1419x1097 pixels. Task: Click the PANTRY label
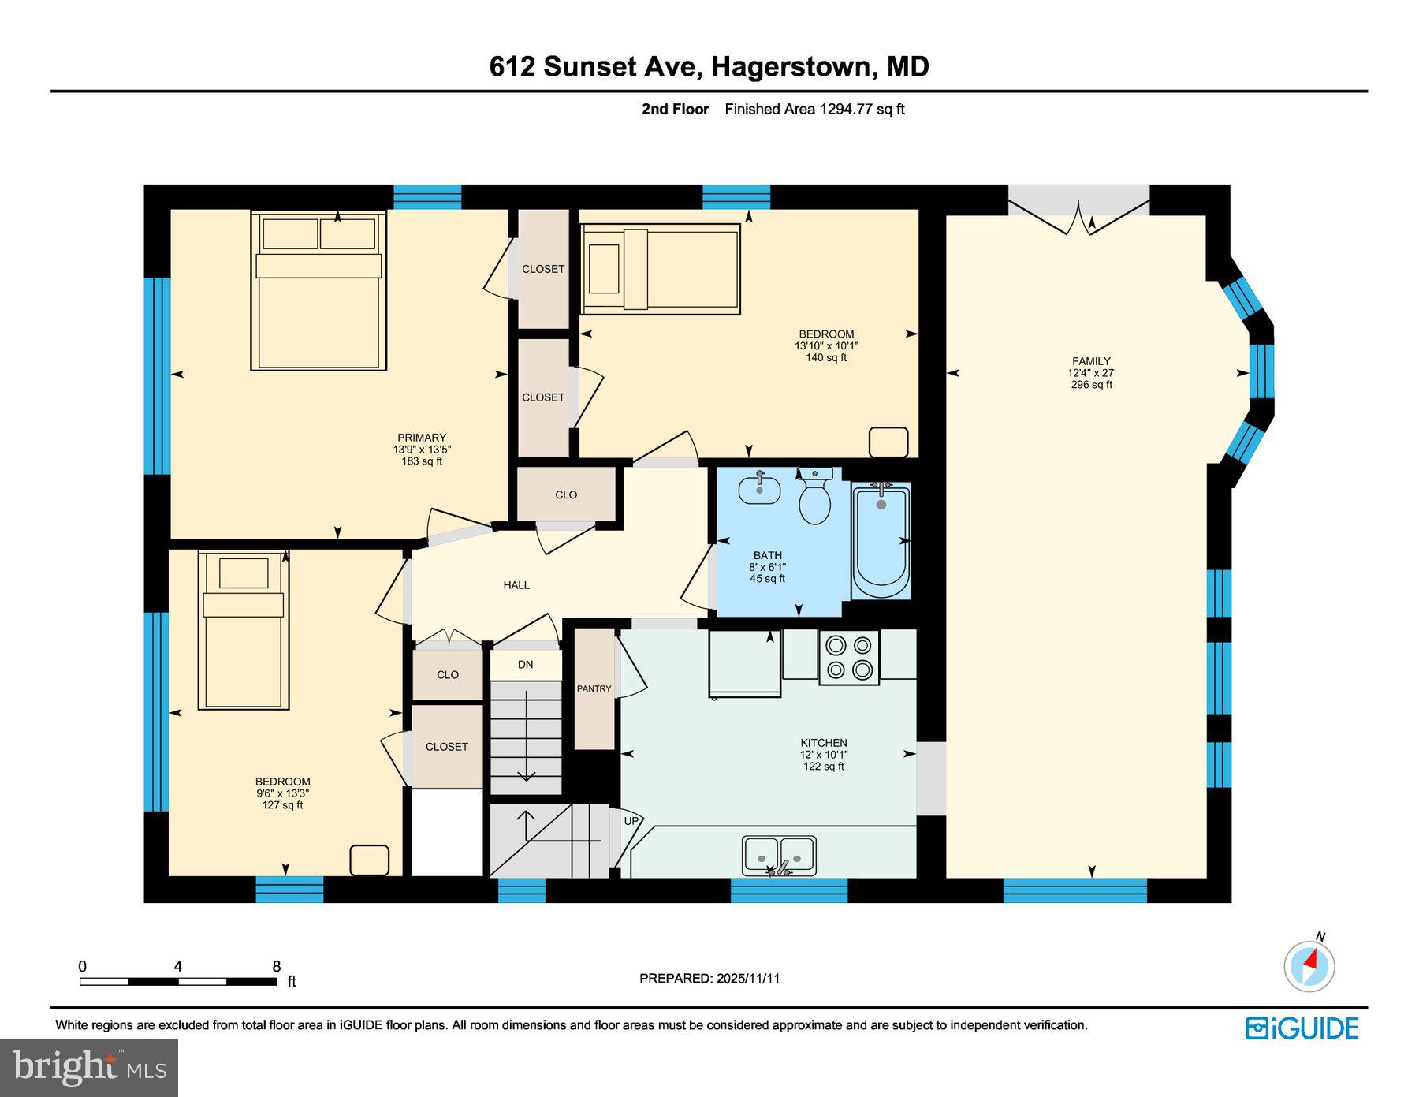594,688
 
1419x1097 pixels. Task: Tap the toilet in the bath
814,498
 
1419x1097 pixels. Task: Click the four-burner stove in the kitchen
848,658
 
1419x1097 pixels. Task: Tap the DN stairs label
525,665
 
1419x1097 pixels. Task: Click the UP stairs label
631,821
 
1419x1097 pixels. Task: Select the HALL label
516,585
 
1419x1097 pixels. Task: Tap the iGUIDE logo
1302,1028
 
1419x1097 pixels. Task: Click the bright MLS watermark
89,1068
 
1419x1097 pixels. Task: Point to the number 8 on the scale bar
276,966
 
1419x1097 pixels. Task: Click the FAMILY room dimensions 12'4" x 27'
1091,373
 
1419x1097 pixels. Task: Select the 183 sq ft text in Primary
422,461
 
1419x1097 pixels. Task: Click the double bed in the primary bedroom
318,292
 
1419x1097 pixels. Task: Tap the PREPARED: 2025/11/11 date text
709,978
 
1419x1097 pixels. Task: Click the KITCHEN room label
824,743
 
